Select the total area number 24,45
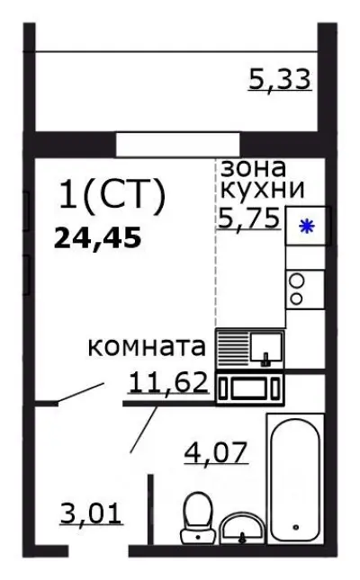click(98, 238)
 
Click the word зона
click(254, 167)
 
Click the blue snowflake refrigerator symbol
click(306, 227)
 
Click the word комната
click(148, 346)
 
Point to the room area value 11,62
click(169, 383)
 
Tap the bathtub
click(296, 480)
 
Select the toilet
click(196, 520)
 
